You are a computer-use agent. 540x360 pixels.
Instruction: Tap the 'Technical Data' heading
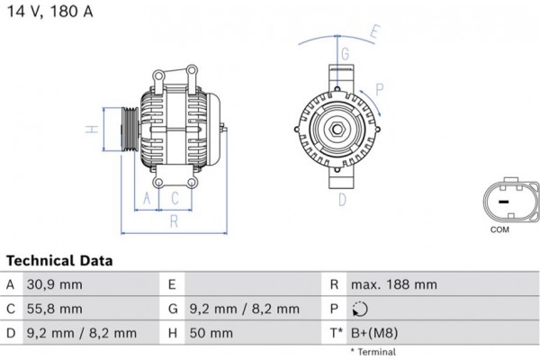click(60, 261)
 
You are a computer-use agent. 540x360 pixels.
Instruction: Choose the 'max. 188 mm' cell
click(395, 284)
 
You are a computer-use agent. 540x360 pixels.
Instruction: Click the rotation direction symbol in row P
click(361, 309)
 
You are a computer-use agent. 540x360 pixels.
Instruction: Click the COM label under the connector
click(499, 229)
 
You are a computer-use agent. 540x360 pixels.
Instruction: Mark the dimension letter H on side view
click(91, 130)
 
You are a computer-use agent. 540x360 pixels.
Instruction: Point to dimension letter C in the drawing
click(175, 197)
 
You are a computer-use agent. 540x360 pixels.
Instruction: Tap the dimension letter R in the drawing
click(173, 220)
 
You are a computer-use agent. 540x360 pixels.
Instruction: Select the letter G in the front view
click(345, 54)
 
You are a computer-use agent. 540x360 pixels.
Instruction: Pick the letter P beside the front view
click(380, 88)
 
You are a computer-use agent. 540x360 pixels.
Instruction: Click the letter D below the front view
click(342, 200)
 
